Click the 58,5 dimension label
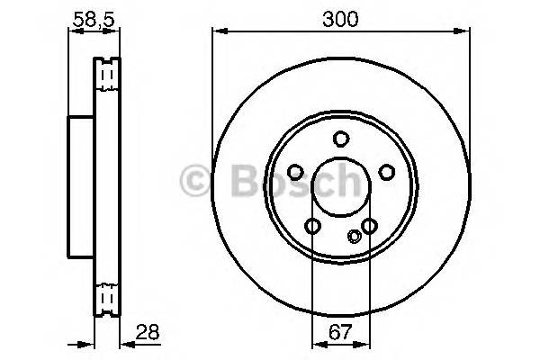click(x=94, y=18)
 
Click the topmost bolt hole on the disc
click(x=341, y=138)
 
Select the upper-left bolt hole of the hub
click(x=294, y=172)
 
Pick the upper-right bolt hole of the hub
click(x=387, y=172)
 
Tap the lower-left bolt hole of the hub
click(x=312, y=226)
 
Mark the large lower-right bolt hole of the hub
click(x=369, y=226)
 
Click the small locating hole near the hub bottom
click(x=354, y=237)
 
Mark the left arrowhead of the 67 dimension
click(x=316, y=342)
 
